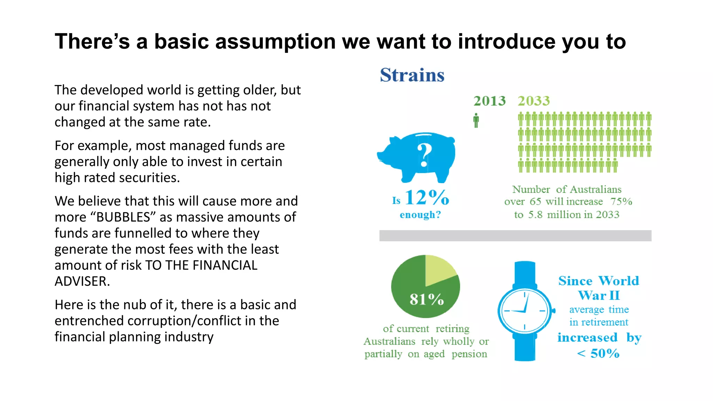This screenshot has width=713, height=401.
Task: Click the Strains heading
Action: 412,75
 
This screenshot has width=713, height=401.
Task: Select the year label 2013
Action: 489,101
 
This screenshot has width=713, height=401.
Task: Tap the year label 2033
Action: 533,101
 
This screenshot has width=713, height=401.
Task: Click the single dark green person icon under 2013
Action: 476,120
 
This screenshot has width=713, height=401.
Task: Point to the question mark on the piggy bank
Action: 424,155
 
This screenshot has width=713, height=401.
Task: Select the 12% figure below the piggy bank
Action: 427,198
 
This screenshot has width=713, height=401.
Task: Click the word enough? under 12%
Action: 420,215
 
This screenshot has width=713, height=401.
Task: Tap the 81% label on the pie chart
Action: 426,299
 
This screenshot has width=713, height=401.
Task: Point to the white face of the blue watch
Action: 524,310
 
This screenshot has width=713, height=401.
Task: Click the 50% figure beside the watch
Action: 604,354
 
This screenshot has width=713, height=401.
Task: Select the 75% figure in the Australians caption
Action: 621,202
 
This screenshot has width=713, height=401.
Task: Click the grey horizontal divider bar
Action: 515,236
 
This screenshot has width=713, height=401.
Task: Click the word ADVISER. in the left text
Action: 82,281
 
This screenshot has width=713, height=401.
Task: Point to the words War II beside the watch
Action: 599,296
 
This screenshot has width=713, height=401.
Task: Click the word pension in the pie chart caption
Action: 469,354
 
